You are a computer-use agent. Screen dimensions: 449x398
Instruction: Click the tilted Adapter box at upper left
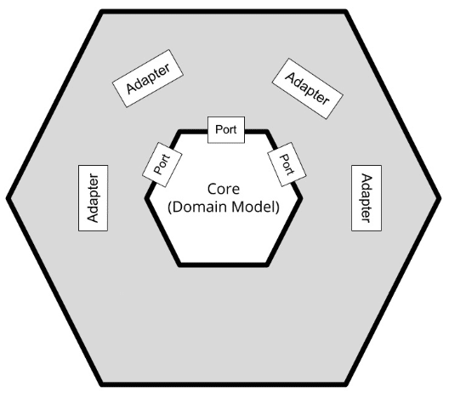pos(148,78)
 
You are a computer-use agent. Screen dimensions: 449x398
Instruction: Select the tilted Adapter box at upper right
pos(308,88)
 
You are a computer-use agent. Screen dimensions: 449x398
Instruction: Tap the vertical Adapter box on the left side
pos(93,198)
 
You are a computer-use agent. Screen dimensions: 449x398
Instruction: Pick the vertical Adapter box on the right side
pos(367,198)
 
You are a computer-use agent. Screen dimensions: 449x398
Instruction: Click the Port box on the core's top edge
pos(226,129)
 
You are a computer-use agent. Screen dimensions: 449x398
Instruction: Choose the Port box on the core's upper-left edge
pos(162,165)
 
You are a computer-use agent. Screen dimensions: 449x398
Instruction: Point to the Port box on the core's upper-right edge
pos(287,164)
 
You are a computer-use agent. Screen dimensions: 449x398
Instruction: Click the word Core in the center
pos(224,189)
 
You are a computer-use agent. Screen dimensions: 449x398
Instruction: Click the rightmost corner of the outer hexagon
pos(439,197)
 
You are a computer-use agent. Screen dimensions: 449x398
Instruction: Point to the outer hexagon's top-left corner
pos(102,12)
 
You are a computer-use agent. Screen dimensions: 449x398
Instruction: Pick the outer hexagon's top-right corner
pos(346,12)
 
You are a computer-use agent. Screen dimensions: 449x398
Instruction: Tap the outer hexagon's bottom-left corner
pos(102,384)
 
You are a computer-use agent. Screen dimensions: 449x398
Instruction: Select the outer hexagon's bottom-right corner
pos(346,384)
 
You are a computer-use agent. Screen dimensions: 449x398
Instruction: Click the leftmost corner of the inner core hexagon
pos(146,198)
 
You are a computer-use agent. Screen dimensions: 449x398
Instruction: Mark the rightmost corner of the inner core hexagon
pos(301,198)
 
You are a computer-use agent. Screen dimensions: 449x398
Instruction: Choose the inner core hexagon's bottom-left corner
pos(179,264)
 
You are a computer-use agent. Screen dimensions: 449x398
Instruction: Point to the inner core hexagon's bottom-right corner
pos(268,264)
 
